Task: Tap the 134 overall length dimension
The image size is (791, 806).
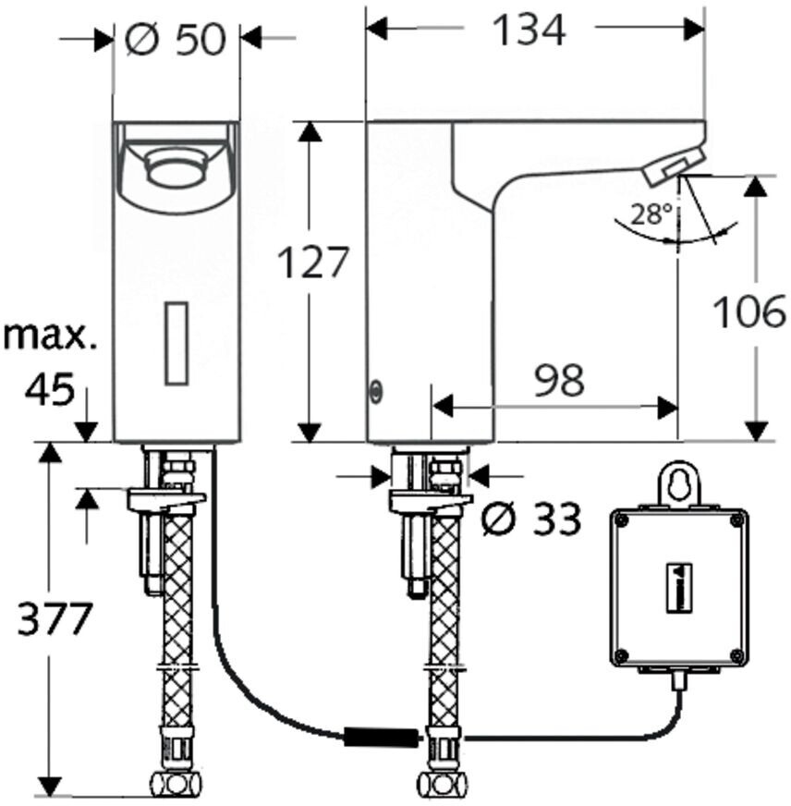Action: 528,31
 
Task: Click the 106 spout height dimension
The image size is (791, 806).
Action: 749,312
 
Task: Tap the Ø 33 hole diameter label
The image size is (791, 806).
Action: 532,520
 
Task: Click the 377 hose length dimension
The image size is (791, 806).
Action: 55,618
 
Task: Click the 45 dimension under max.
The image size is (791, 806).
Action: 50,389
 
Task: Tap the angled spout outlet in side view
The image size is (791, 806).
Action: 670,167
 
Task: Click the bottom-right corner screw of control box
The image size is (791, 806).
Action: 736,656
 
